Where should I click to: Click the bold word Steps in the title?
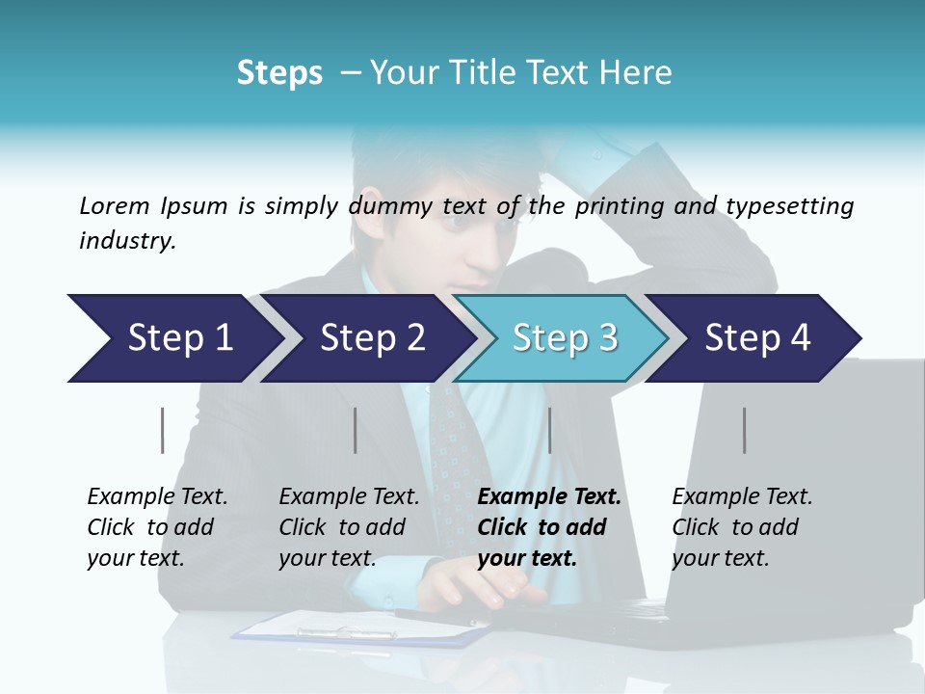[x=279, y=72]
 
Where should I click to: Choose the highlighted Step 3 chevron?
[x=565, y=338]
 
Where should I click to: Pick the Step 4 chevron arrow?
[x=757, y=338]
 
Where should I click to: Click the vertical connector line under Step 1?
[x=163, y=430]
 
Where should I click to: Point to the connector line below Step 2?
[x=356, y=430]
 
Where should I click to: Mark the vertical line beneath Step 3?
[x=550, y=430]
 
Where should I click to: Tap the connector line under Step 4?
[x=745, y=430]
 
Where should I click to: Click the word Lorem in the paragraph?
[x=115, y=205]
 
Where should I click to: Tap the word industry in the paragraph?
[x=126, y=241]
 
